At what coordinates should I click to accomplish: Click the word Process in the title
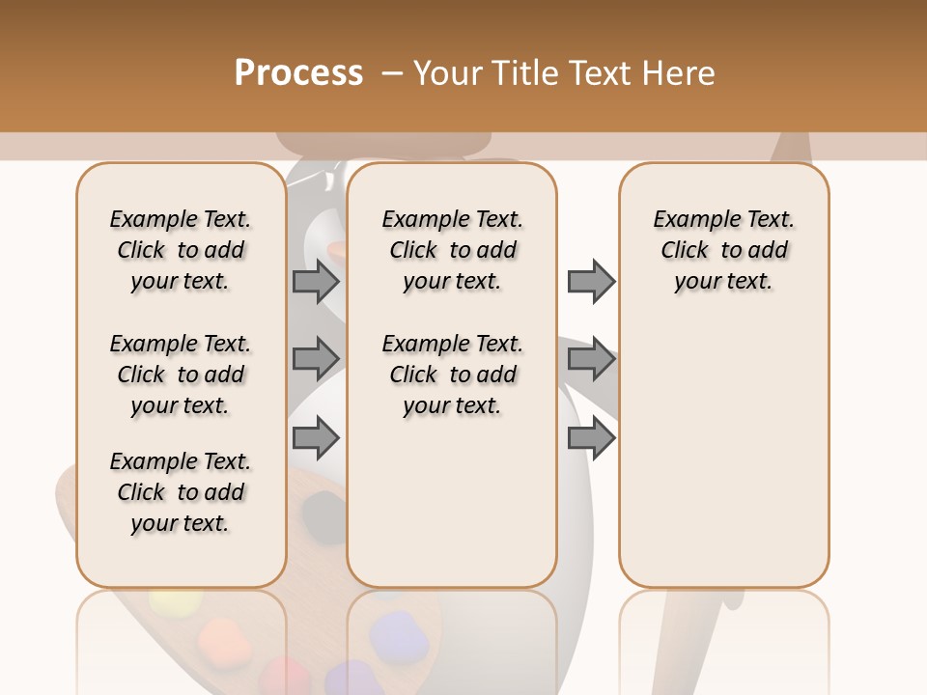298,72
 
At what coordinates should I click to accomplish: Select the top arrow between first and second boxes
316,281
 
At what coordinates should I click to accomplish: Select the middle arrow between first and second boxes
316,359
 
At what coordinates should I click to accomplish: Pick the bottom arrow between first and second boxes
316,437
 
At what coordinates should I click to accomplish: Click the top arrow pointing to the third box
590,281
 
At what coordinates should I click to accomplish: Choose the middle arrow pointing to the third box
590,359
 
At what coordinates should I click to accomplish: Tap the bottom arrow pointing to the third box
590,437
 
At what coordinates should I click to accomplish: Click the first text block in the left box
181,250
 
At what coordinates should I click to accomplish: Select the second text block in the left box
181,375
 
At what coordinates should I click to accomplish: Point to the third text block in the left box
181,492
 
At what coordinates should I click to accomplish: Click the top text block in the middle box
452,250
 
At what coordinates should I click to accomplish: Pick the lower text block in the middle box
452,375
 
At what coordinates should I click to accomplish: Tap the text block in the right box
724,250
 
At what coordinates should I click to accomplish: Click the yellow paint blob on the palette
175,604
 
